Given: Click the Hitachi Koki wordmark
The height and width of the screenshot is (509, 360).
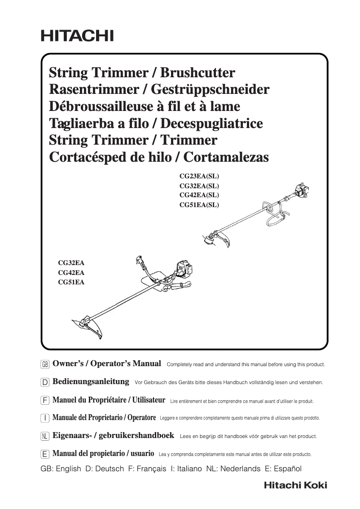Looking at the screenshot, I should pyautogui.click(x=295, y=485).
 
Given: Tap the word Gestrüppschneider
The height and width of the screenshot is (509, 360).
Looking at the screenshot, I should pyautogui.click(x=210, y=89).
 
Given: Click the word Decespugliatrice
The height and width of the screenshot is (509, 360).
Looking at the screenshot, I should pyautogui.click(x=211, y=123).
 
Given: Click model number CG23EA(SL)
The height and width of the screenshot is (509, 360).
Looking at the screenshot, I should pyautogui.click(x=199, y=176).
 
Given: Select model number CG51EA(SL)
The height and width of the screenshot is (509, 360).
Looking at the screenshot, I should pyautogui.click(x=199, y=205).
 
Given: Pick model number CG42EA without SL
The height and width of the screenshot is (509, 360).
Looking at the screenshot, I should pyautogui.click(x=71, y=273).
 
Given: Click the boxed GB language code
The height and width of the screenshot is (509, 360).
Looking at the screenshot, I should pyautogui.click(x=44, y=364).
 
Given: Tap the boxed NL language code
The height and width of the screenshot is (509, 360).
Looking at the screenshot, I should pyautogui.click(x=44, y=436).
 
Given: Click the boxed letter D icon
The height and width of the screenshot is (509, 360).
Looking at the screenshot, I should pyautogui.click(x=44, y=382).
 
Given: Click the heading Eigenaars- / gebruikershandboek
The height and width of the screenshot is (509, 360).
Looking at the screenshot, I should pyautogui.click(x=113, y=436).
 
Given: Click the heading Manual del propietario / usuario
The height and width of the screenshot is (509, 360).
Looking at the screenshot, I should pyautogui.click(x=103, y=454).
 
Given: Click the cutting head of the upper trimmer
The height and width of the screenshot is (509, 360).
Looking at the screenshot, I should pyautogui.click(x=210, y=239).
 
